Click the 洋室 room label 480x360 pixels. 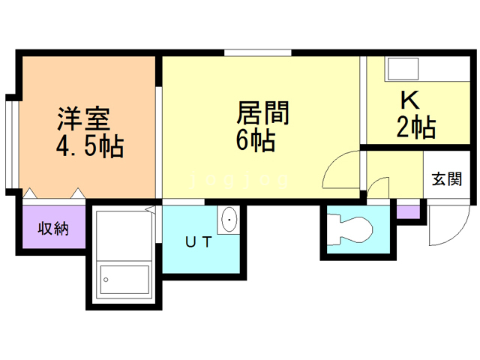83,119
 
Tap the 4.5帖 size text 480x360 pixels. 90,146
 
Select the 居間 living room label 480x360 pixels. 262,113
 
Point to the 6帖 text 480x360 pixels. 256,140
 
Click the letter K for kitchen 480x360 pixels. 410,100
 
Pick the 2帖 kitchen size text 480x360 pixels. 416,127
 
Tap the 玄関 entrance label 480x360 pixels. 447,179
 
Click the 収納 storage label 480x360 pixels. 53,228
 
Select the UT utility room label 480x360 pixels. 199,242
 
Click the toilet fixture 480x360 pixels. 350,229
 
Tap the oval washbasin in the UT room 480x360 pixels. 229,220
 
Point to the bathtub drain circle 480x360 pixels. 106,280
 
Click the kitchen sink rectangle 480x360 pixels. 403,69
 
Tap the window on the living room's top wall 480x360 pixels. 258,53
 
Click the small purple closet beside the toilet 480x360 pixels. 408,212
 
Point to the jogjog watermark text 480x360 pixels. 239,179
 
